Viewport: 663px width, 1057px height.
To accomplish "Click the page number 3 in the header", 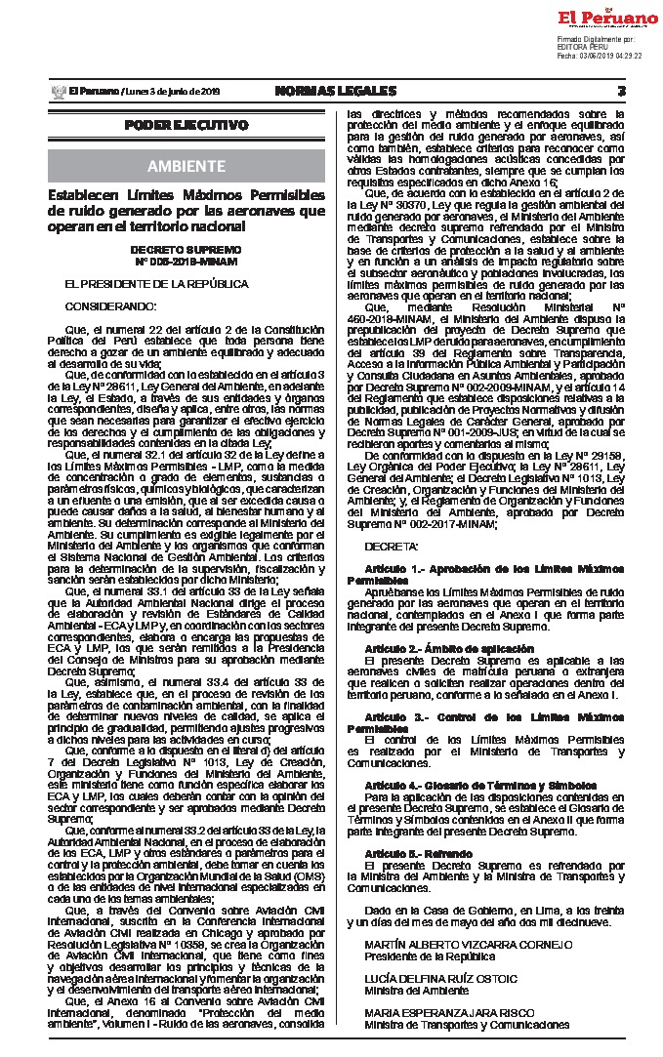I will tap(621, 91).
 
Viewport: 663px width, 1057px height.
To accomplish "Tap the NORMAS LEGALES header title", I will tap(335, 91).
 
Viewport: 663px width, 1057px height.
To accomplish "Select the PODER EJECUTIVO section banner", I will tap(186, 125).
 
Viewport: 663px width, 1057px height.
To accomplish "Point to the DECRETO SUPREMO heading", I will tap(186, 250).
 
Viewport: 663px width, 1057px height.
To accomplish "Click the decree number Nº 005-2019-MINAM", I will tap(186, 261).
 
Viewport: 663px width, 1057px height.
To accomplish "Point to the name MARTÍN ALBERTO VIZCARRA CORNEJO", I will tap(468, 946).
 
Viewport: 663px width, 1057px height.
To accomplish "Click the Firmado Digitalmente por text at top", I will tap(595, 38).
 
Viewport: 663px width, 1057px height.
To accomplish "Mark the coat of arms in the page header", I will tap(56, 91).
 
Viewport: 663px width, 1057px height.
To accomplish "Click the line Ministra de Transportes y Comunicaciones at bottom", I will tap(467, 1025).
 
